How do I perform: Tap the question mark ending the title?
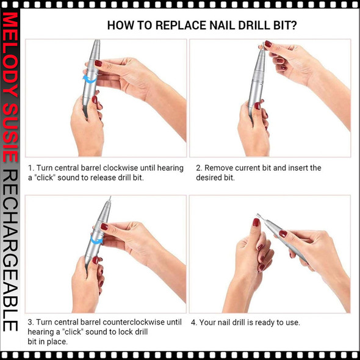tap(295, 26)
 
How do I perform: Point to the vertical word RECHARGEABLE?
tap(10, 250)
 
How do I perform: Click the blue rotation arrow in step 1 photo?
tap(90, 79)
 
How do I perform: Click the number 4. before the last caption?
tap(193, 322)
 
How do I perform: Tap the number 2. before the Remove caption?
tap(199, 168)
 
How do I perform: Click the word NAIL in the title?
tap(218, 26)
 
